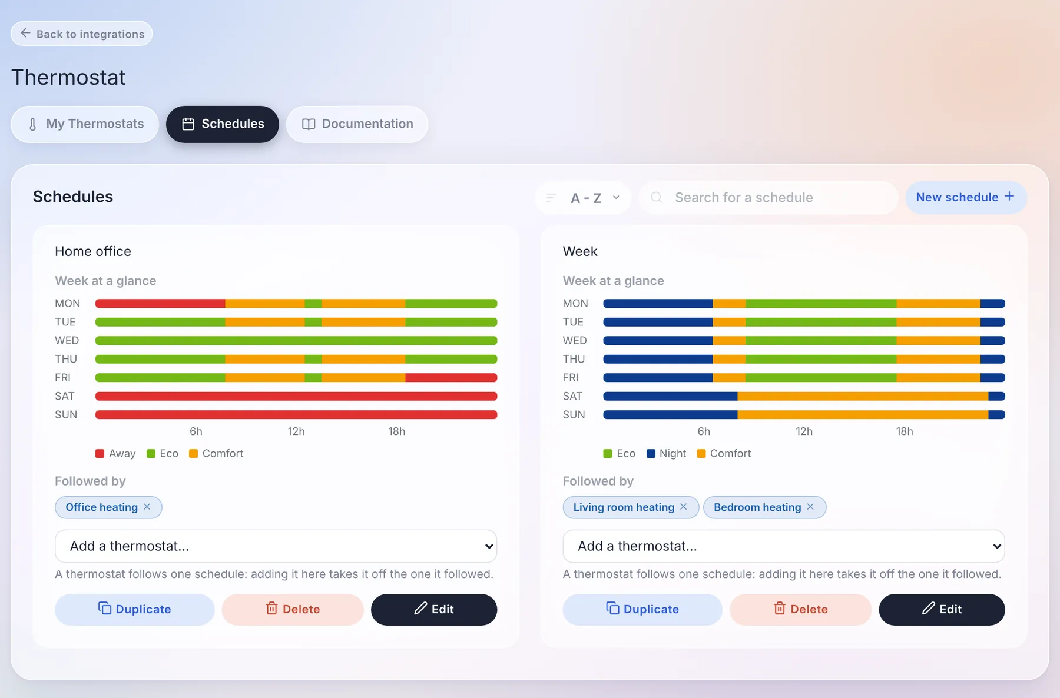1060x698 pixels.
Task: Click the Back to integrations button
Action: coord(82,34)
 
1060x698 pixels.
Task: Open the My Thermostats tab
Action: coord(85,124)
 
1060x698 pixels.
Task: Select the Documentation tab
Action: coord(357,124)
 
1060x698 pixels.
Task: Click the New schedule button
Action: coord(966,197)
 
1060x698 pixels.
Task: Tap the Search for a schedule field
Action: coord(768,198)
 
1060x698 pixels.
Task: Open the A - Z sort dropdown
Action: coord(583,198)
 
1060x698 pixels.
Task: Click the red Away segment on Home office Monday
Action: coord(160,304)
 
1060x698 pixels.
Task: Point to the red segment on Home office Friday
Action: coord(451,378)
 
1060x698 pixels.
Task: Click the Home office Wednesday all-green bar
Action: coord(296,341)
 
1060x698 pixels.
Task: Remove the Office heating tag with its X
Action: coord(147,507)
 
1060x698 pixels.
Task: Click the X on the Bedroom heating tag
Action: coord(810,507)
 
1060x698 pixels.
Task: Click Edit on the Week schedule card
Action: coord(942,609)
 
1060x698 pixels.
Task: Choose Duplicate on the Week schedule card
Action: coord(642,609)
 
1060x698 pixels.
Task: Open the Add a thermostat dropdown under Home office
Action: coord(276,546)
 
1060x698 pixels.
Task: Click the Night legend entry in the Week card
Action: coord(667,454)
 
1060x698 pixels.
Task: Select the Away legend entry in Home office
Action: coord(115,454)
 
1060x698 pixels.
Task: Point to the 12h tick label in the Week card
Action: coord(804,431)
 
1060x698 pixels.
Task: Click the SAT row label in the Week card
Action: coord(572,396)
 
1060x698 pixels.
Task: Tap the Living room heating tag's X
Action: coord(683,507)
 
